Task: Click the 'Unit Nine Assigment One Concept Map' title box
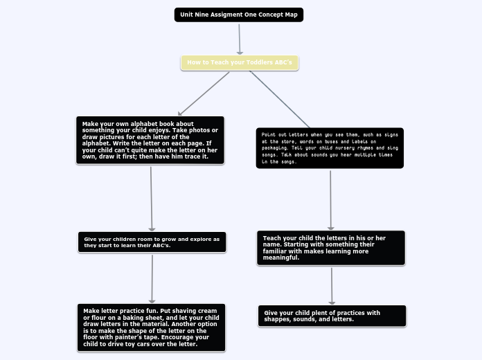pos(239,15)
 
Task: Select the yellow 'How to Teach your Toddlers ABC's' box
pos(240,63)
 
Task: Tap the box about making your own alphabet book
pos(150,141)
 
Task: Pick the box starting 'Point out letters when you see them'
pos(330,147)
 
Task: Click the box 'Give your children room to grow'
pos(152,242)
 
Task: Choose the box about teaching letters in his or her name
pos(331,248)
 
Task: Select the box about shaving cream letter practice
pos(151,327)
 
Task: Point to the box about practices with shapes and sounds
pos(332,316)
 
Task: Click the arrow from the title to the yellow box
pos(240,39)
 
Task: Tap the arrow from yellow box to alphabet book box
pos(204,93)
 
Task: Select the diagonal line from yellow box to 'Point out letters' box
pos(280,98)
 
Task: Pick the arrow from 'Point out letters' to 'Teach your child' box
pos(330,200)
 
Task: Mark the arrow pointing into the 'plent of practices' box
pos(332,286)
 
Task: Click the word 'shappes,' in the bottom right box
pos(277,320)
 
